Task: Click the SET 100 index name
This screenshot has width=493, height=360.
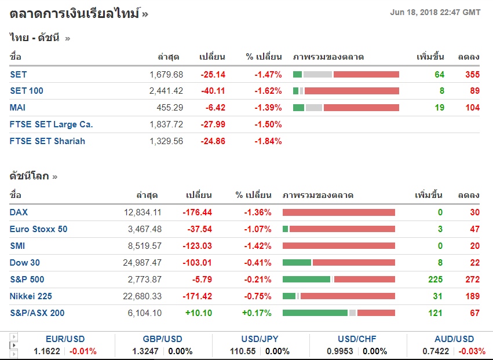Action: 27,91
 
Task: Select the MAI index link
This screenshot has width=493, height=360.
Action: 18,108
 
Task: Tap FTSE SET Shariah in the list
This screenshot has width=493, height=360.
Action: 48,141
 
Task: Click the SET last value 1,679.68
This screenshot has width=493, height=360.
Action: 166,75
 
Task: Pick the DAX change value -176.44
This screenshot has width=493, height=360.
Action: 197,212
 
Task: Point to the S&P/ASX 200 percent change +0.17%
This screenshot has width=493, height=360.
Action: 257,313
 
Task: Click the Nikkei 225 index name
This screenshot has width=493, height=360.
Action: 31,296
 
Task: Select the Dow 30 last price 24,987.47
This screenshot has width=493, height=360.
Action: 143,263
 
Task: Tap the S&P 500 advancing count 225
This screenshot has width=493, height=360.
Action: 435,280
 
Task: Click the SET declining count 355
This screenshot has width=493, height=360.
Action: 472,75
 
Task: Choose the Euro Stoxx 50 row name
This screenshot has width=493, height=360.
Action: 38,229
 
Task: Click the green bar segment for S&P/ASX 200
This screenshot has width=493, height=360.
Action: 315,313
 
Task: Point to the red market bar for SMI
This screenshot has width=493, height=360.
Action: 339,246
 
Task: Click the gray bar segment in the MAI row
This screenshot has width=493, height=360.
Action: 314,108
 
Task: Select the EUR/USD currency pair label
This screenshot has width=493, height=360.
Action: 65,339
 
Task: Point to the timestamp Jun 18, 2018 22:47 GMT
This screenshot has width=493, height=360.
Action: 435,12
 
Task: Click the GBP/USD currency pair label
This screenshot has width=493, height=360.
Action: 162,339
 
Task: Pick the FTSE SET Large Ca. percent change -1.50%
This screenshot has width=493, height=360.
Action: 268,124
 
